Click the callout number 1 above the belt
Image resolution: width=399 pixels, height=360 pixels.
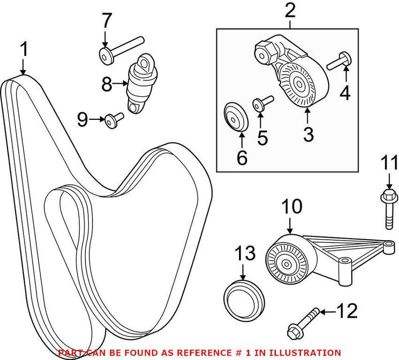pyautogui.click(x=23, y=51)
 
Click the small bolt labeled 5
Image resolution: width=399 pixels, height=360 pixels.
pyautogui.click(x=261, y=103)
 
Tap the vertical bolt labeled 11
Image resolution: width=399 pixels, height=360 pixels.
pyautogui.click(x=388, y=208)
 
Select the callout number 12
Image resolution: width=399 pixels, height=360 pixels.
pyautogui.click(x=347, y=312)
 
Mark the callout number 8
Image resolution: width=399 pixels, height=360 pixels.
pyautogui.click(x=107, y=85)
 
